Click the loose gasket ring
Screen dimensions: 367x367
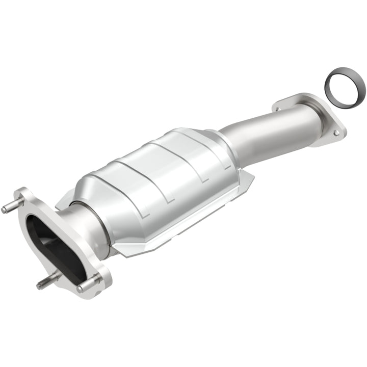coord(345,83)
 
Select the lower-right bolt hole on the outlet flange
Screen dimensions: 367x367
coord(336,133)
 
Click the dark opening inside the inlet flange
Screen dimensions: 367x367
coord(51,242)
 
